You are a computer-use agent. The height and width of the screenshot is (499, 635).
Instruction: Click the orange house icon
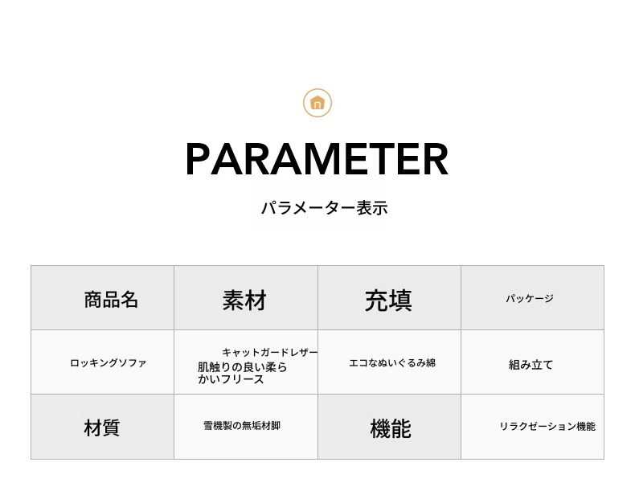click(317, 103)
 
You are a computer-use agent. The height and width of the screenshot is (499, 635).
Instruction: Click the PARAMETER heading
click(317, 159)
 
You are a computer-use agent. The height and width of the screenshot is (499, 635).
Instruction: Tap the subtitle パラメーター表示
click(325, 208)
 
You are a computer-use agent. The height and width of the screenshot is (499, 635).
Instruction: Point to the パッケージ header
click(530, 299)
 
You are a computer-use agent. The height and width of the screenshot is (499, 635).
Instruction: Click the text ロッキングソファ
click(109, 363)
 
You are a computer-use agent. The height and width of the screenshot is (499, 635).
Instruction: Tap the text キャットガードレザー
click(270, 353)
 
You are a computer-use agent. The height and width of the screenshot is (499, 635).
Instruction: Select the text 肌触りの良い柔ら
click(243, 367)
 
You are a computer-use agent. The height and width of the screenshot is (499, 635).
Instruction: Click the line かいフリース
click(231, 379)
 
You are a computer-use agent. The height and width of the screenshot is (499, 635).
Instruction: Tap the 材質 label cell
click(101, 427)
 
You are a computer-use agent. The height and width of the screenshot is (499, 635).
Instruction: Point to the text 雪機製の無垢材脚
click(242, 426)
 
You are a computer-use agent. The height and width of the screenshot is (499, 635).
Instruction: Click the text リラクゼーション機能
click(547, 426)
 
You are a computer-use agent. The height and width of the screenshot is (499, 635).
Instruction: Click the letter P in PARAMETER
click(199, 159)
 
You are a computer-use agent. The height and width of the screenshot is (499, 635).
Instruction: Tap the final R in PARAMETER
click(436, 159)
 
